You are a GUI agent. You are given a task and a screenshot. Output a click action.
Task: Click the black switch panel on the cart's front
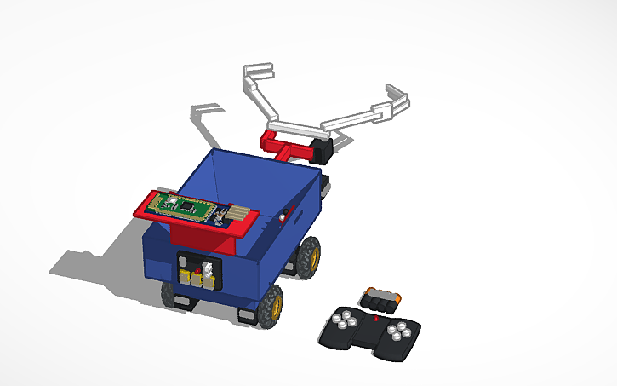[197, 272]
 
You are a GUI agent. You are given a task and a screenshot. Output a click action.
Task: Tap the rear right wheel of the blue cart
[308, 256]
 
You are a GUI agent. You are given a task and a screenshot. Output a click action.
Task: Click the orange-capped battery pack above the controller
[380, 298]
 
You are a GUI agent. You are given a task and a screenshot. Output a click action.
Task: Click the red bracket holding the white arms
[285, 149]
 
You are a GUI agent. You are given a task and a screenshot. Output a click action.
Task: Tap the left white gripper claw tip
[259, 69]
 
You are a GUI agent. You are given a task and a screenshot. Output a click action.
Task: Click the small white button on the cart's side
[282, 218]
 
